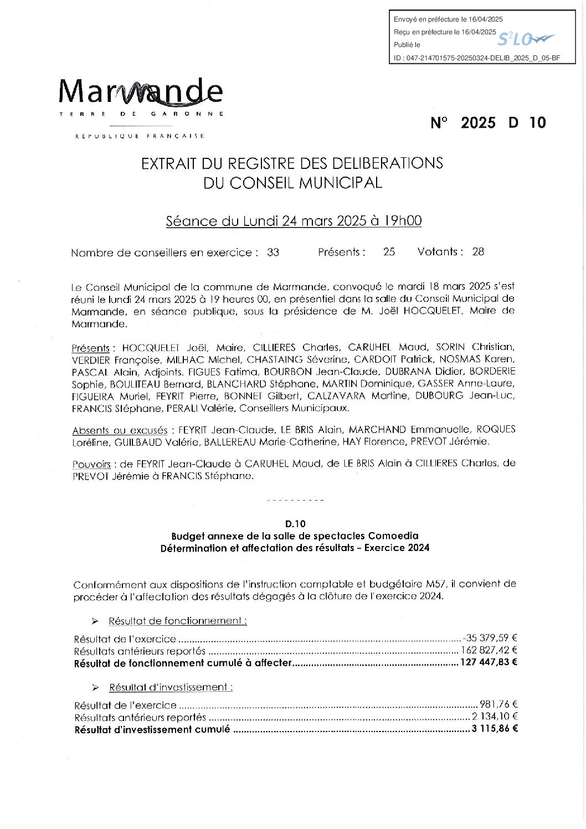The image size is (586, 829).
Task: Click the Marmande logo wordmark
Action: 141,92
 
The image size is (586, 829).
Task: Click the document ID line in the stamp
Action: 477,58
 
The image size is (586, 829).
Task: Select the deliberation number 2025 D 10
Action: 488,123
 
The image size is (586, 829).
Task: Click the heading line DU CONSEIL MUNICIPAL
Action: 292,183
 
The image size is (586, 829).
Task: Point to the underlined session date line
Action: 294,221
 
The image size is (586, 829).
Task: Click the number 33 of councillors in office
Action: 273,253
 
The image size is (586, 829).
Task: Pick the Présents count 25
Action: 389,252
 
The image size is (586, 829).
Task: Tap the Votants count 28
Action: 478,252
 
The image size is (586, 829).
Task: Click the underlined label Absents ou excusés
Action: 120,430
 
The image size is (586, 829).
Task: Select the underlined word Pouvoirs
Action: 91,465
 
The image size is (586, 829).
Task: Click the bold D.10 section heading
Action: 295,523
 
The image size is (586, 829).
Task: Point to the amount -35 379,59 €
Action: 490,639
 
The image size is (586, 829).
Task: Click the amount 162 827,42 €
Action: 489,651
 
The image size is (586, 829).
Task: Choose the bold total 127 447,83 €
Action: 488,662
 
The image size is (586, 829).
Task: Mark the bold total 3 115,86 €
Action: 495,729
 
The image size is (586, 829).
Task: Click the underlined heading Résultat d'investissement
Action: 171,687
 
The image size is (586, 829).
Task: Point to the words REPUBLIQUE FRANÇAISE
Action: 140,136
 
